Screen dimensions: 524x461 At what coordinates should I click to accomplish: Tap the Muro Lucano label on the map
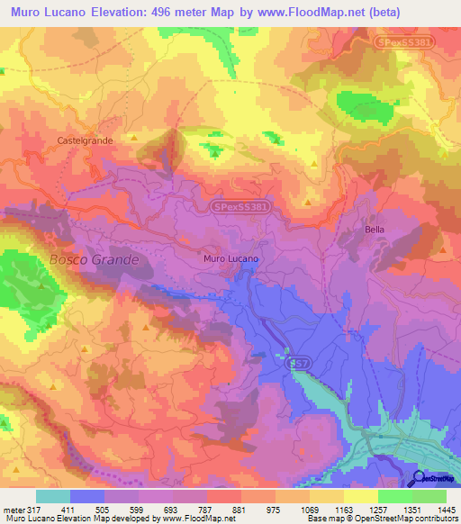coord(231,258)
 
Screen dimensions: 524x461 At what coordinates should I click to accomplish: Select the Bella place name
coord(375,230)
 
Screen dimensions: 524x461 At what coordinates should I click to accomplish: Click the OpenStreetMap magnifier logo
coord(419,478)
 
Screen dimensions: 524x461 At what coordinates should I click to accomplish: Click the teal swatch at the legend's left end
coord(53,495)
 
